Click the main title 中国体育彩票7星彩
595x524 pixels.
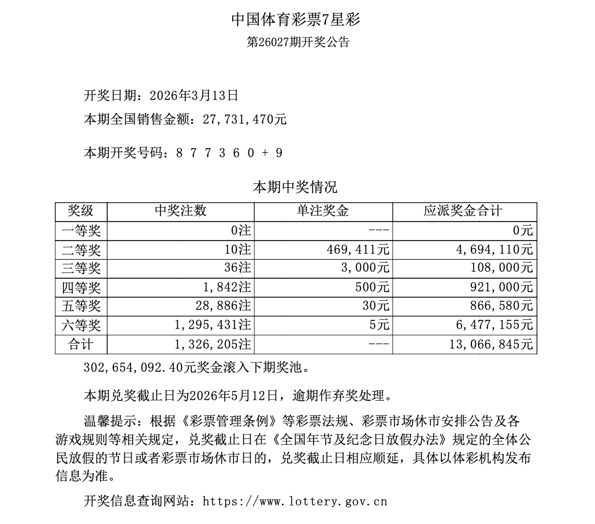pyautogui.click(x=296, y=19)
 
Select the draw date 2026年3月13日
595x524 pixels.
pyautogui.click(x=194, y=94)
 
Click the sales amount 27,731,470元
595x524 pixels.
pyautogui.click(x=245, y=120)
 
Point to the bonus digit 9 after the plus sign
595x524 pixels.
pyautogui.click(x=279, y=153)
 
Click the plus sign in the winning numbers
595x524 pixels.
pyautogui.click(x=265, y=153)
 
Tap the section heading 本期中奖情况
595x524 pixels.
pyautogui.click(x=295, y=187)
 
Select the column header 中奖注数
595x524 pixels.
pyautogui.click(x=180, y=211)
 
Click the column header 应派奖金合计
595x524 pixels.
pyautogui.click(x=464, y=211)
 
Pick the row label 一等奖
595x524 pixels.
pyautogui.click(x=81, y=231)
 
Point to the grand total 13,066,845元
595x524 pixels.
pyautogui.click(x=490, y=344)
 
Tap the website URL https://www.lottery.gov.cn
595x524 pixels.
pyautogui.click(x=295, y=501)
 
